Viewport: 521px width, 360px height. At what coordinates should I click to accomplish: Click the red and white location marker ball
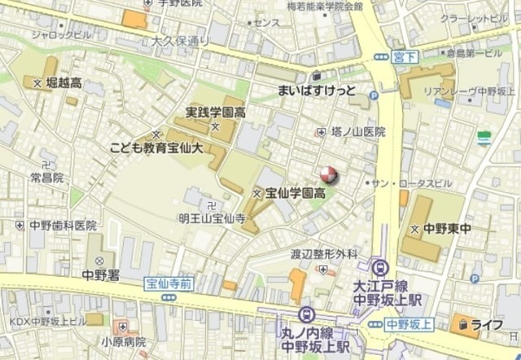coord(327,174)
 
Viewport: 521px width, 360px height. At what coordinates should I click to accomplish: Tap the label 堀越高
coord(59,82)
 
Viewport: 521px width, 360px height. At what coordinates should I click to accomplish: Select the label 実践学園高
coord(215,112)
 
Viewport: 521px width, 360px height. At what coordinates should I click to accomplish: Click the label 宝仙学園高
coord(296,193)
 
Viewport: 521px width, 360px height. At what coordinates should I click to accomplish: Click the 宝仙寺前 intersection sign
coord(169,283)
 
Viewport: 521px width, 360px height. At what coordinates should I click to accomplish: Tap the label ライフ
coord(492,325)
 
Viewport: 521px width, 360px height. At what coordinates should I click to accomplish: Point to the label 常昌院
coord(47,177)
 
